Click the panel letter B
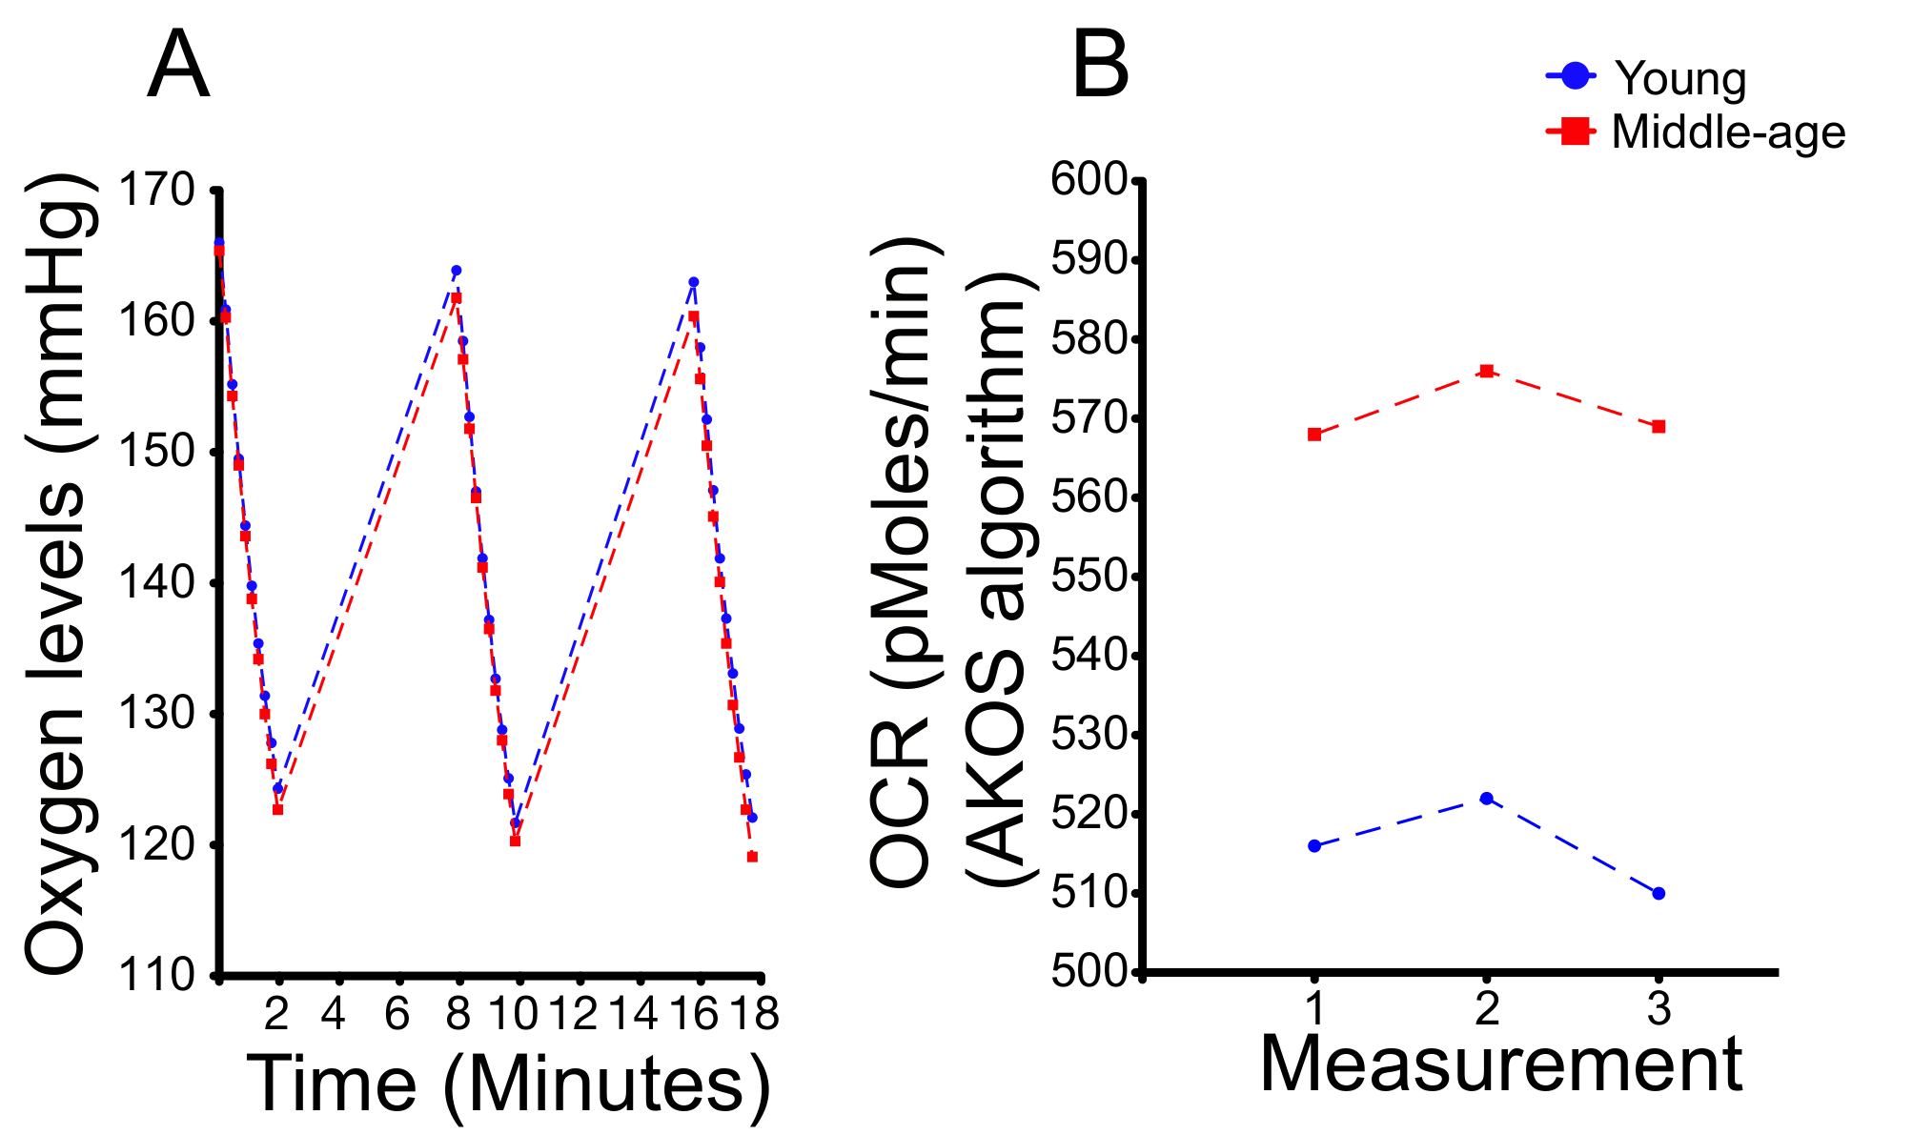[1101, 65]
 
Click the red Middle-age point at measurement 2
[1487, 371]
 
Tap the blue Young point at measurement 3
[1659, 893]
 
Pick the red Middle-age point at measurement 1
[1314, 435]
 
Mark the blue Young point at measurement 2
[1487, 798]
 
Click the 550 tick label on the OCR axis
[1088, 577]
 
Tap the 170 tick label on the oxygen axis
[155, 190]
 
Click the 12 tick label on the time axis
[575, 1014]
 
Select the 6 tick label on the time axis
[397, 1014]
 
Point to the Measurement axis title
[1501, 1064]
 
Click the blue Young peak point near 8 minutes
[456, 271]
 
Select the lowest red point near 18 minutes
[752, 857]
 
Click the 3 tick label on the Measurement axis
[1659, 1008]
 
